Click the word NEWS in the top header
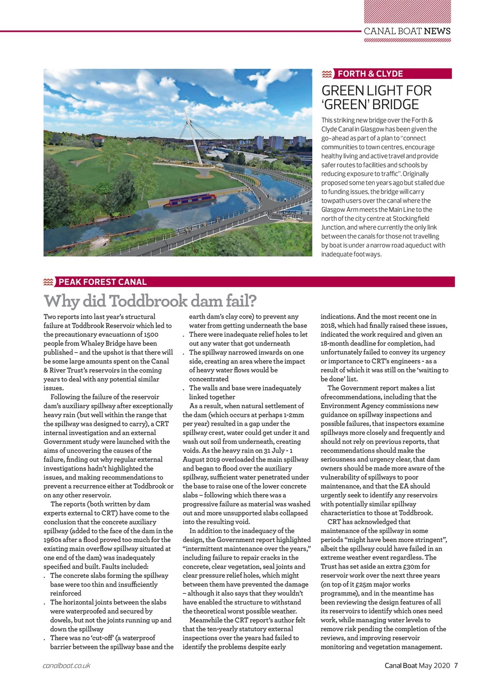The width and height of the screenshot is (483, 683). point(437,31)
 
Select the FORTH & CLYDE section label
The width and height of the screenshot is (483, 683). point(370,74)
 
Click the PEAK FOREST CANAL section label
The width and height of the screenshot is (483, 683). point(102,282)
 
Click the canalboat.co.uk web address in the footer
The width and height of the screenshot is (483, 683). point(67,665)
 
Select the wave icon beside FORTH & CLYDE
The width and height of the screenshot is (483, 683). point(328,74)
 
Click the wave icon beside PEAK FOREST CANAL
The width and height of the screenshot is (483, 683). point(49,282)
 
